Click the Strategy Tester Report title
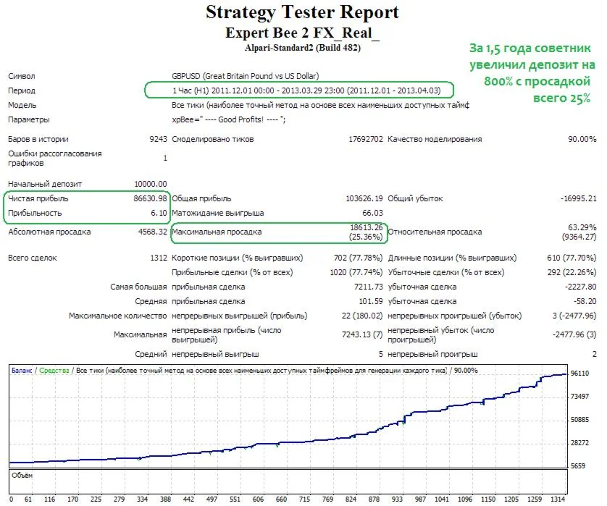302,12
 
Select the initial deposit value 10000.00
151,184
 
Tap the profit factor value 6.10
159,213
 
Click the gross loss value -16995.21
572,198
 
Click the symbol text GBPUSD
187,76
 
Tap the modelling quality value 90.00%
582,139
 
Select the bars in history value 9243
158,139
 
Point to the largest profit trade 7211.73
366,287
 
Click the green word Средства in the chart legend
54,370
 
